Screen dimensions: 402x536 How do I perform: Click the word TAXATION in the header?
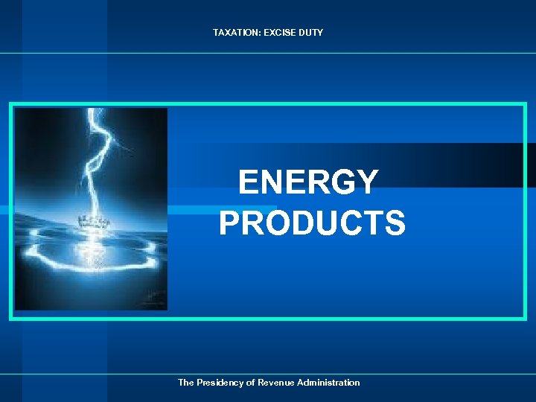(234, 33)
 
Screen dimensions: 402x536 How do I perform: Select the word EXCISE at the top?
(277, 33)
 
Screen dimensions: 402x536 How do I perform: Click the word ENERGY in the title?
(308, 182)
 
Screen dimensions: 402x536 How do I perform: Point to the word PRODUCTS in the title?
(312, 223)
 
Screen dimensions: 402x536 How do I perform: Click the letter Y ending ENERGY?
(366, 182)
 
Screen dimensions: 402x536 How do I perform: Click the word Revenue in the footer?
(275, 383)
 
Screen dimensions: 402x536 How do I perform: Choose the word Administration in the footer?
(328, 383)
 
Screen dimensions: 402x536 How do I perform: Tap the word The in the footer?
(185, 383)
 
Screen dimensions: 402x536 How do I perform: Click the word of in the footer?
(250, 383)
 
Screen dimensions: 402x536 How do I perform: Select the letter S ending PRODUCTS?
(395, 223)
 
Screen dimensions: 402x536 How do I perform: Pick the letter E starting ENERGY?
(249, 182)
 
